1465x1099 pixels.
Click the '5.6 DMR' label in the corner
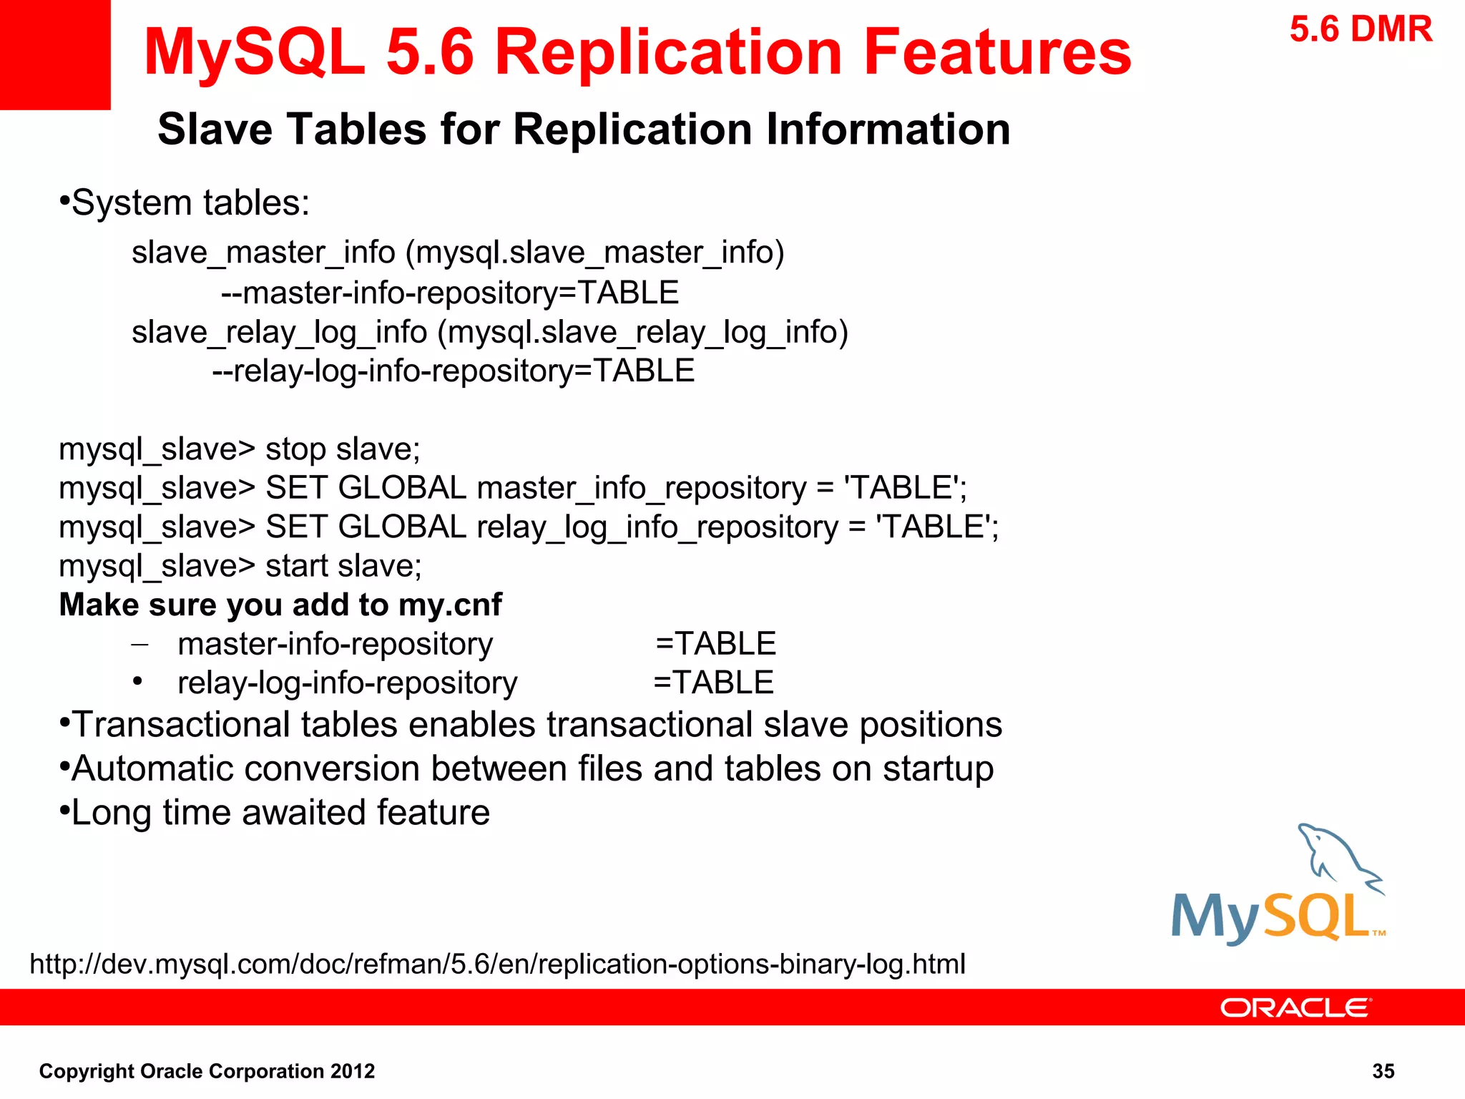[x=1361, y=30]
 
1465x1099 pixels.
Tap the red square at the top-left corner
[x=55, y=54]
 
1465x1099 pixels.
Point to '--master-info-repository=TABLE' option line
[x=450, y=293]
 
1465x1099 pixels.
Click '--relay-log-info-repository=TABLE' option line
[x=454, y=371]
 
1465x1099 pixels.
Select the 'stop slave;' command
[x=343, y=449]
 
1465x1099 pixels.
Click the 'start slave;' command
[x=343, y=566]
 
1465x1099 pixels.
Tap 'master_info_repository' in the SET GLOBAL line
[x=642, y=489]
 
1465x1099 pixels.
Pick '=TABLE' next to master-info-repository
[x=715, y=644]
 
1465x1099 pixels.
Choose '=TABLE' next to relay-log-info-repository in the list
[x=713, y=683]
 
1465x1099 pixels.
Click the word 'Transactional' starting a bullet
[x=235, y=725]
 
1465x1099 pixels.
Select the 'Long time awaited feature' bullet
[x=280, y=813]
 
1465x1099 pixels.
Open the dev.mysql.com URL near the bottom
[x=498, y=964]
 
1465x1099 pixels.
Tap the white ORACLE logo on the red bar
[x=1295, y=1007]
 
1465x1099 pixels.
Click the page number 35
[x=1383, y=1071]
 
